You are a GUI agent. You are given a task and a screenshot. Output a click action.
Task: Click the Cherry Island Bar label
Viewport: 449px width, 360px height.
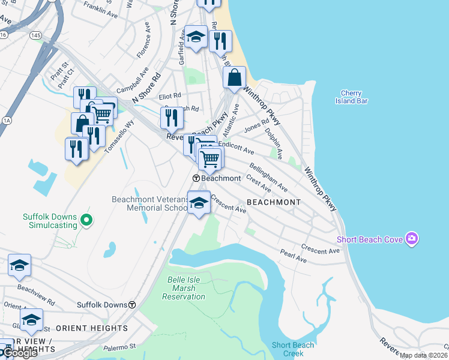coord(351,97)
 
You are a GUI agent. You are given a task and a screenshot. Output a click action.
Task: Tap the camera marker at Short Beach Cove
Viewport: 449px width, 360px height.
coord(411,239)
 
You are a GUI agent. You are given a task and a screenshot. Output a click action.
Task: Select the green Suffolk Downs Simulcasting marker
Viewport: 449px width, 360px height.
coord(86,221)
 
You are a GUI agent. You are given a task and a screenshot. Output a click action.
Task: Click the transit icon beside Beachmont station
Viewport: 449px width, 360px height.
coord(196,178)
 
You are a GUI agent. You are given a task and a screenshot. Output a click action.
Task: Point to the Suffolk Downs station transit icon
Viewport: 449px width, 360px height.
coord(131,305)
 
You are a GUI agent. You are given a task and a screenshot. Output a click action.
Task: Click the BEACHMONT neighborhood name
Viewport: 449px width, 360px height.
coord(273,202)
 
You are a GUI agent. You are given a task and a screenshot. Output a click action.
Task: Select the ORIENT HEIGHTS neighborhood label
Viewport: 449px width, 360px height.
coord(91,328)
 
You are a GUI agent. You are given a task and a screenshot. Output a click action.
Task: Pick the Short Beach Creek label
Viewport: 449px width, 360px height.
coord(293,349)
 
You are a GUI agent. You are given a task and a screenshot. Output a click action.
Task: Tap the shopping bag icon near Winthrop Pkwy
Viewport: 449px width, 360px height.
coord(234,77)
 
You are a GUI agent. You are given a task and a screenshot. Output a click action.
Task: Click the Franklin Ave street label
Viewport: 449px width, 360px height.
coord(101,8)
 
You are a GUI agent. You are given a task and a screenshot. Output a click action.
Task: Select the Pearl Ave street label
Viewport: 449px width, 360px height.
coord(293,257)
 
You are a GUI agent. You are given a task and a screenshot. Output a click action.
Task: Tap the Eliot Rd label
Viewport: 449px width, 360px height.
coord(169,96)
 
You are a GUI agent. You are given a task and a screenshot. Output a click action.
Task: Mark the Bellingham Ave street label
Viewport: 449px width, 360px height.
coord(268,177)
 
